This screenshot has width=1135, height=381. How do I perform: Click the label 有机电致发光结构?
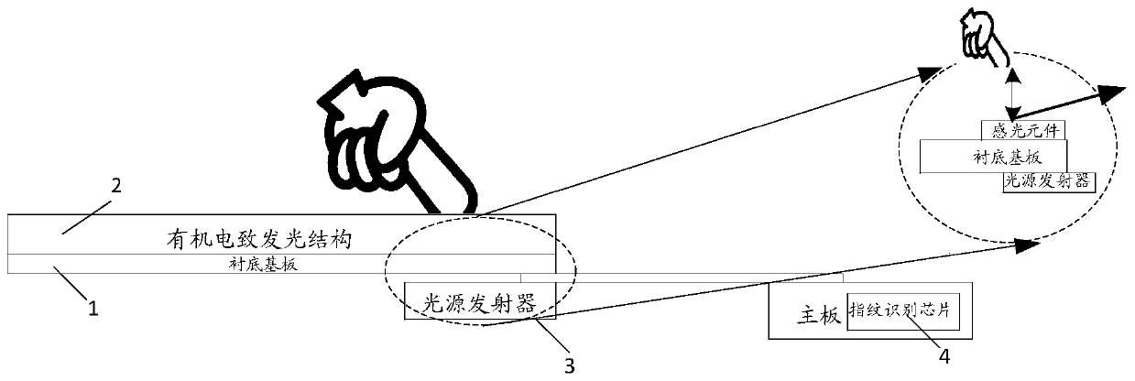click(x=252, y=240)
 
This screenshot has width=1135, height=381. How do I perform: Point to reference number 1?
click(x=92, y=310)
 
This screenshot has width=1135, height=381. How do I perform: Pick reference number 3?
click(x=569, y=366)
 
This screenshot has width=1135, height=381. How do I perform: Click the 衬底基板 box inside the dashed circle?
click(x=992, y=155)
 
